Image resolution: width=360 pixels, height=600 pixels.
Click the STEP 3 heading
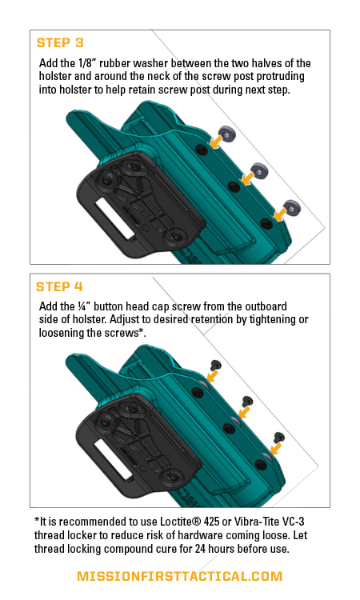[60, 43]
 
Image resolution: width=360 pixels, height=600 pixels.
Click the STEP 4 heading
[59, 286]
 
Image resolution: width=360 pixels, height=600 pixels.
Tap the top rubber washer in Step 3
[227, 134]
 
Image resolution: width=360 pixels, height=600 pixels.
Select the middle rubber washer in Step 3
[259, 170]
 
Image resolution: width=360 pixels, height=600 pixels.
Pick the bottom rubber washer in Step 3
[292, 207]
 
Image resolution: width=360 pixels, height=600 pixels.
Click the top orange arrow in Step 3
[216, 142]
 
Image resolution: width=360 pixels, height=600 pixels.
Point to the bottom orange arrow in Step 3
[281, 214]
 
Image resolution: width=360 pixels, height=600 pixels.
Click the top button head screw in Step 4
[216, 365]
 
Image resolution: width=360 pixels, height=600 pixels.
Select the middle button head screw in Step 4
[247, 402]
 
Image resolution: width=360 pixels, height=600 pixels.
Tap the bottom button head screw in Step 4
[279, 438]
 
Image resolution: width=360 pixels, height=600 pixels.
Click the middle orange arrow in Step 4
[244, 412]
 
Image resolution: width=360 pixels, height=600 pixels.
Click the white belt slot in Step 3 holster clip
[114, 219]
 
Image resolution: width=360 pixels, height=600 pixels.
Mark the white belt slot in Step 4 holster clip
[114, 460]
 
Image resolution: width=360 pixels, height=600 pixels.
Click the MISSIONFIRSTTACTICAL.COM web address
[179, 576]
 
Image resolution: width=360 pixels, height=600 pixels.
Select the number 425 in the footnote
[211, 522]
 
